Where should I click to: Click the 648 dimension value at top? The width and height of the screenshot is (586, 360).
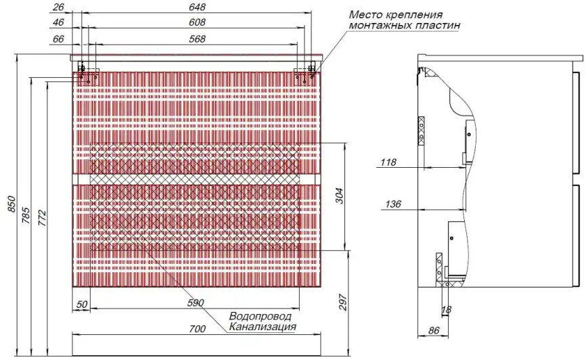pyautogui.click(x=197, y=7)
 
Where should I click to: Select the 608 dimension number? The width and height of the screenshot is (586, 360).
pyautogui.click(x=197, y=22)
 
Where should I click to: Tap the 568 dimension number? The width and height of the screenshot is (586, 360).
pyautogui.click(x=197, y=39)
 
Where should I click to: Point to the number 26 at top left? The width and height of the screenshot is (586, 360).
pyautogui.click(x=58, y=7)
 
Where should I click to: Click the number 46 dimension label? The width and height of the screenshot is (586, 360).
pyautogui.click(x=58, y=22)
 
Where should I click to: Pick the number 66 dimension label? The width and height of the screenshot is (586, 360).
pyautogui.click(x=58, y=39)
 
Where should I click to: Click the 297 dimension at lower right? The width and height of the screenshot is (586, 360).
pyautogui.click(x=342, y=303)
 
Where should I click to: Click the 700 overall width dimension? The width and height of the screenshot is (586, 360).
pyautogui.click(x=196, y=330)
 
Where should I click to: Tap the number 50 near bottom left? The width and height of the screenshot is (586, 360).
pyautogui.click(x=81, y=304)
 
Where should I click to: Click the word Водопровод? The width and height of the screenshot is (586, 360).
pyautogui.click(x=260, y=316)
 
